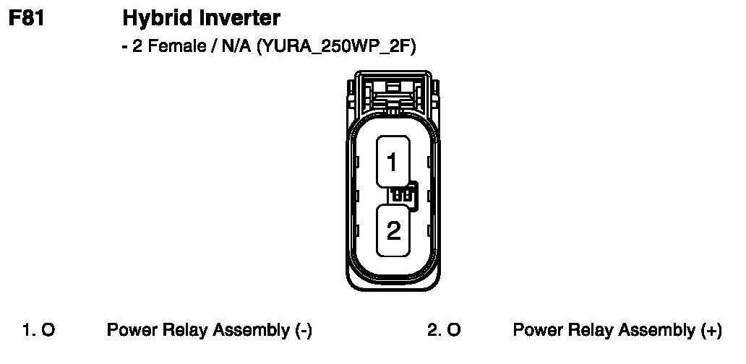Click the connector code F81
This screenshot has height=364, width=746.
[x=27, y=17]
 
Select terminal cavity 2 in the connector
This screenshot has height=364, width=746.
[x=393, y=230]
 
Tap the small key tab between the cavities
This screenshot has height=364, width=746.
[x=403, y=195]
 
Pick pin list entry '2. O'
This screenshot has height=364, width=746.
[x=444, y=331]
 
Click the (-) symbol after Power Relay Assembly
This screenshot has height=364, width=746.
[x=304, y=331]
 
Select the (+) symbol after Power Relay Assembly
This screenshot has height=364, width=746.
[x=711, y=331]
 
